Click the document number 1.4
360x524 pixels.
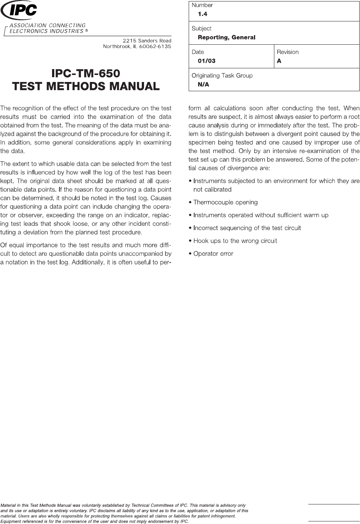pos(202,14)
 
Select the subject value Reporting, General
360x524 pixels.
pos(226,37)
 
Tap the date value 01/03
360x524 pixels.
pos(206,61)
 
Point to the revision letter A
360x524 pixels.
pos(279,61)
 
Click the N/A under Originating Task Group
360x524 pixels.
pos(203,85)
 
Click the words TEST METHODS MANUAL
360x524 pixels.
pos(86,86)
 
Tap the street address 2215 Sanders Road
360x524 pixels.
pos(147,40)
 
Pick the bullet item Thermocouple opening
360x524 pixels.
pos(225,202)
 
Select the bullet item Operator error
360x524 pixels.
pos(213,254)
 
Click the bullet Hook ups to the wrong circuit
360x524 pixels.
pos(235,241)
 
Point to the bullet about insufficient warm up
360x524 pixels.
pos(261,215)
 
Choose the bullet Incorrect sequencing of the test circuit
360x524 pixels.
pos(247,228)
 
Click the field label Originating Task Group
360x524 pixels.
pos(222,75)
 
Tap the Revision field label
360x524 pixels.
pos(288,52)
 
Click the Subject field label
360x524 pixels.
pos(201,28)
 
